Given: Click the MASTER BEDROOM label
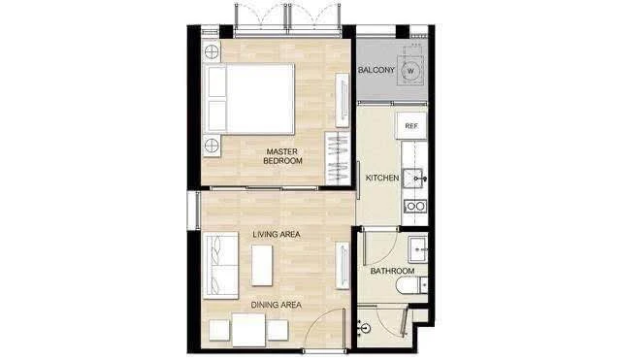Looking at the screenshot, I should pos(282,156).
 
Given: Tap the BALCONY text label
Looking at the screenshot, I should pos(375,71).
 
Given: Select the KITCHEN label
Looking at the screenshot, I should pos(382,179).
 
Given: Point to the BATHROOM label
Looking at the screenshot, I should pos(392,271).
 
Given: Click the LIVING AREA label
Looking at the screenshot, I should pos(276,236).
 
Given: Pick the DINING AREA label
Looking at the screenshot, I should pos(276,305).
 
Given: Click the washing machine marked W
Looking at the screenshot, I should pos(411,71).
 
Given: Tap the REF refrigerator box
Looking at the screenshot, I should pos(411,126).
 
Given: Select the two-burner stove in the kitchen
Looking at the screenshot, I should pos(415,206).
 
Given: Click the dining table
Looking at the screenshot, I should pos(250,332).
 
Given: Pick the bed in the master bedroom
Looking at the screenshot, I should pos(255,100).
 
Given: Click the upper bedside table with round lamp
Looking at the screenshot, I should pos(212,52).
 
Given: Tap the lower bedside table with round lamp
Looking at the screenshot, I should pos(212,147).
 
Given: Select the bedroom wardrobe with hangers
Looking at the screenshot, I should pos(337,159).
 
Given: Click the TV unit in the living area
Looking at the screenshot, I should pos(342,266).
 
